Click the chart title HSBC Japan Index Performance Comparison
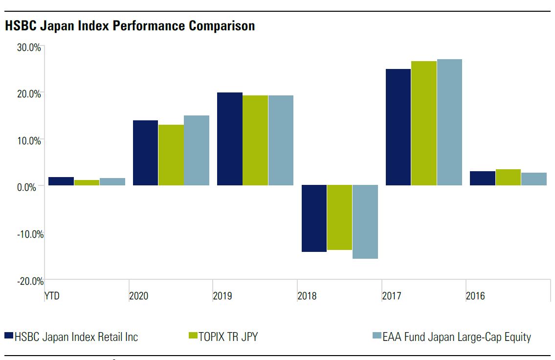(x=130, y=26)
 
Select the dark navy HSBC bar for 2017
(x=398, y=127)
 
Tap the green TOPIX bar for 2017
(x=423, y=123)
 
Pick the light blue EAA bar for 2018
(x=365, y=222)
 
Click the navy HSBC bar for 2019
(x=229, y=139)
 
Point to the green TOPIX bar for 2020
(x=171, y=155)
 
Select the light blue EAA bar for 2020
(x=197, y=150)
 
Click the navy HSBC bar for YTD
(x=61, y=181)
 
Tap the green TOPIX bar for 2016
(x=508, y=178)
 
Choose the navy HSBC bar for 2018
(x=314, y=218)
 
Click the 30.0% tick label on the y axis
(x=29, y=47)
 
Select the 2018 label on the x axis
(x=307, y=296)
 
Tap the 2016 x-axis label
(x=475, y=296)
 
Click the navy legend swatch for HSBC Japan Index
(x=8, y=336)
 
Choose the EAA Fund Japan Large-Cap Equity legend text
(x=456, y=337)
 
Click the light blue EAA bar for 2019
(x=281, y=140)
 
